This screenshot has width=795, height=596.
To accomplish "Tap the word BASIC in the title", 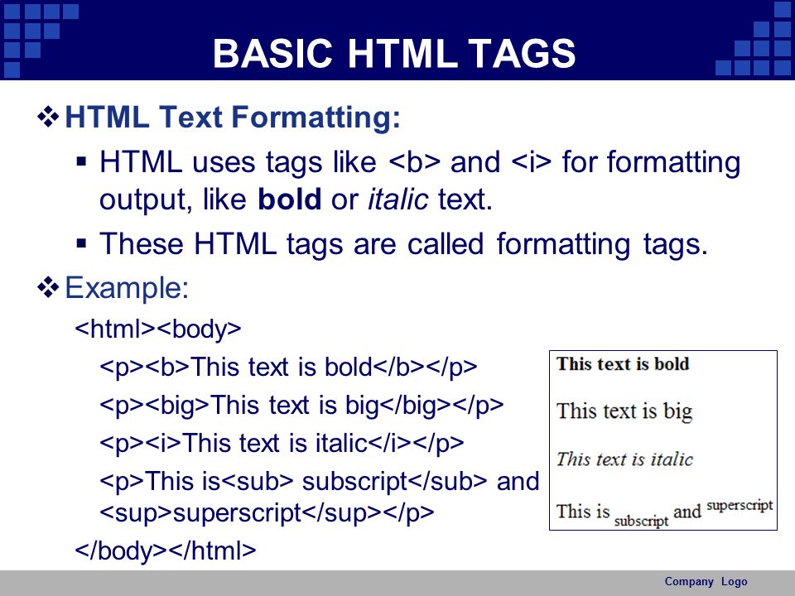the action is [272, 53].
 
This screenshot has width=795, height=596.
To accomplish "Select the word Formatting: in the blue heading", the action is [316, 118].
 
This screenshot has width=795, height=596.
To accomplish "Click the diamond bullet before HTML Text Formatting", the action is [48, 117].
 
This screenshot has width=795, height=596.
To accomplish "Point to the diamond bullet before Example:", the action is [48, 287].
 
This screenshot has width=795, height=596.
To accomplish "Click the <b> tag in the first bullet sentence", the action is [415, 162].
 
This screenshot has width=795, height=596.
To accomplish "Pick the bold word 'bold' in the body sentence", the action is [290, 199].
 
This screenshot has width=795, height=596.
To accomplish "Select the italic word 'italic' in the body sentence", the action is [398, 199].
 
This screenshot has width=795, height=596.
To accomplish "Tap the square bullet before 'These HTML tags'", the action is [81, 243].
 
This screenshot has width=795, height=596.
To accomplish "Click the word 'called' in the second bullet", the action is [446, 243].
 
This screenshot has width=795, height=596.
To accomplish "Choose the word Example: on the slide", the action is [127, 288].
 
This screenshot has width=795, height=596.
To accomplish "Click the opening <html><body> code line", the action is [158, 329].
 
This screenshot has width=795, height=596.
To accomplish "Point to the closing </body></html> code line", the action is [166, 550].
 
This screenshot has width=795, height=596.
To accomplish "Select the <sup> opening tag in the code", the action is [136, 513].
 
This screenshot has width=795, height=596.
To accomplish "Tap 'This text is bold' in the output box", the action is [623, 364].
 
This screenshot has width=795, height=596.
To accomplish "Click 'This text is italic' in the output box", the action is [624, 459].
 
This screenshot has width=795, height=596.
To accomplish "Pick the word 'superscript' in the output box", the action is [740, 506].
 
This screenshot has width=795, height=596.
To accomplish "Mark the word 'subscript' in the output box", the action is [641, 521].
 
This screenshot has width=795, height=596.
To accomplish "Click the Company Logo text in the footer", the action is [706, 582].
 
